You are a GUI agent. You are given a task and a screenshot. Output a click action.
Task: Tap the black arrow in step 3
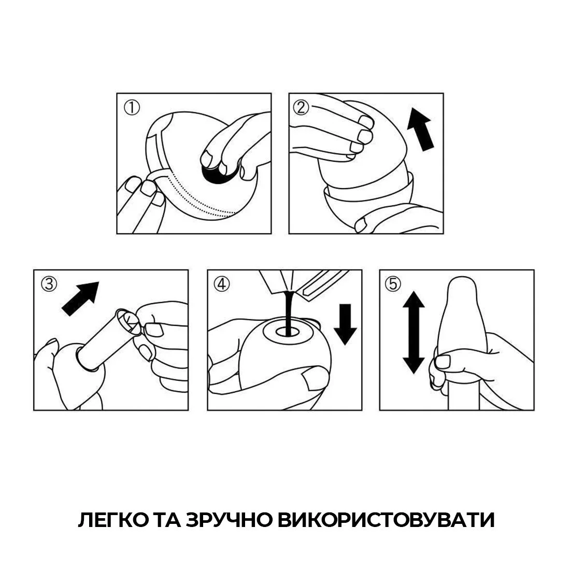pos(80,298)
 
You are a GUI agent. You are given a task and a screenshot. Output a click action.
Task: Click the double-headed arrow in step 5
pos(413,332)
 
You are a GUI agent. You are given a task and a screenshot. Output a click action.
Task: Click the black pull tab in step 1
pos(217,174)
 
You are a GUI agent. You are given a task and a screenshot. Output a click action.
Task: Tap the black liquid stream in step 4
pos(288,308)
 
